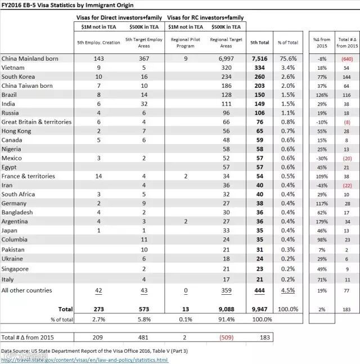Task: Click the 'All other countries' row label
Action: point(27,290)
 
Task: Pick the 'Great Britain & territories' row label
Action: point(37,122)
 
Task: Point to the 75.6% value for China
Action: point(288,59)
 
